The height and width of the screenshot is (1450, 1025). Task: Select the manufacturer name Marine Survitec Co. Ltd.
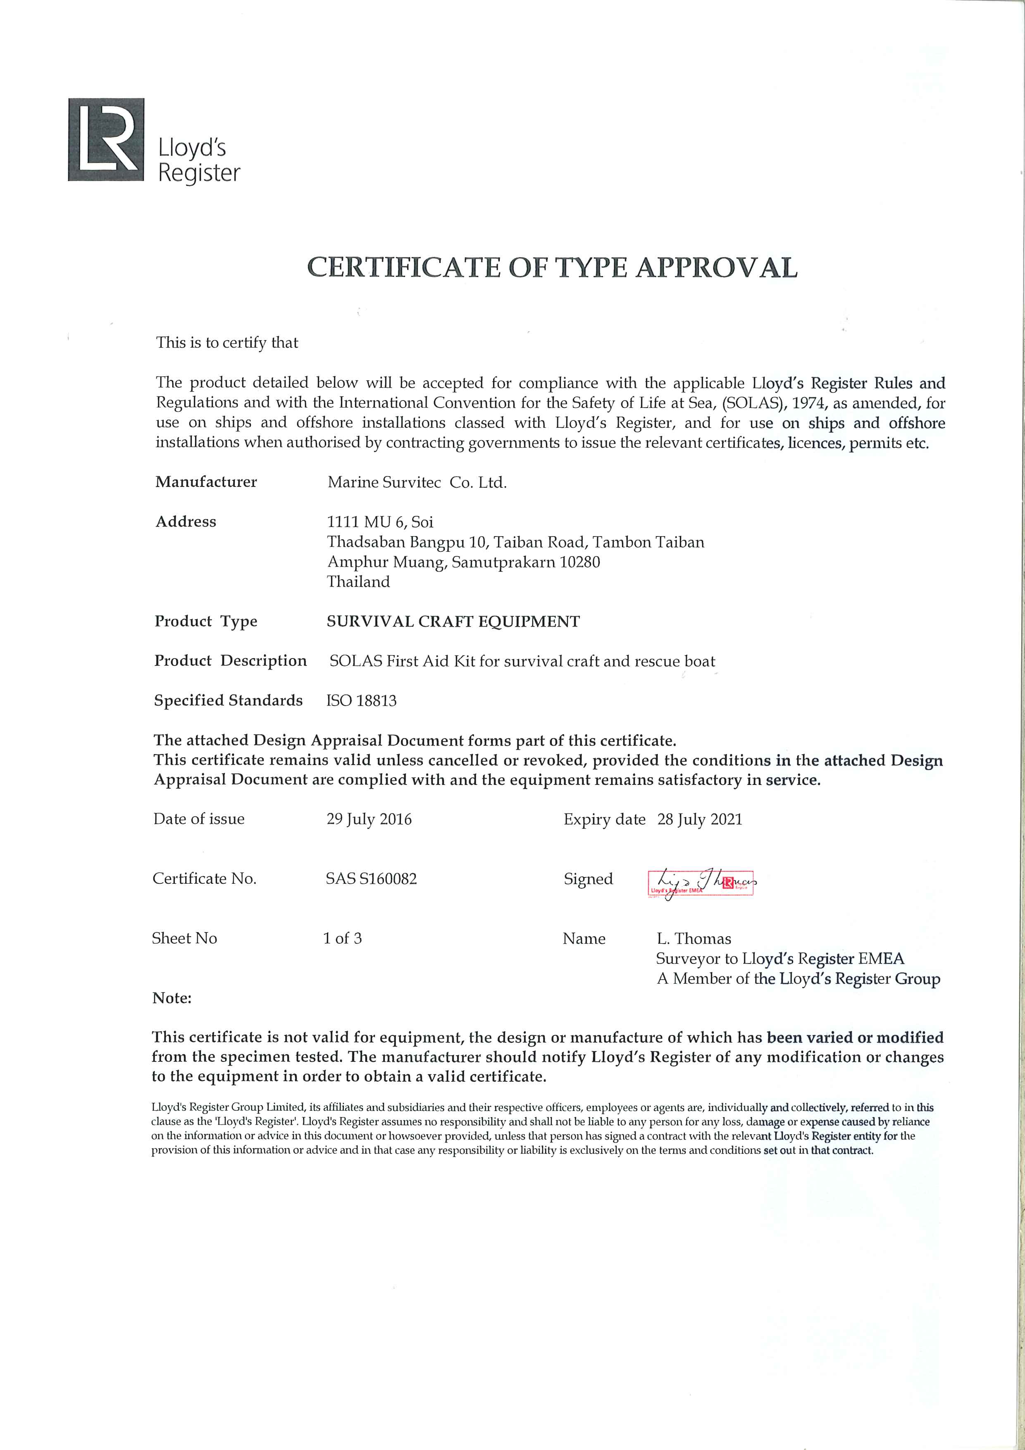(x=417, y=483)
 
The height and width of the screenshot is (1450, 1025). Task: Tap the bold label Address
(x=186, y=522)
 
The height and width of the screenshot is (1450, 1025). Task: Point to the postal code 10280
(x=580, y=562)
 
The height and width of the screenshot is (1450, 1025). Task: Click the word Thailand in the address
(x=358, y=582)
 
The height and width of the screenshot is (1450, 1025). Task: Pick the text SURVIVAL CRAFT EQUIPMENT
(x=453, y=621)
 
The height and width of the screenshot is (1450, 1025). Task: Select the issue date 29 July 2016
(x=369, y=819)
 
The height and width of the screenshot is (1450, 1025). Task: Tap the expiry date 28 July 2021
(x=700, y=820)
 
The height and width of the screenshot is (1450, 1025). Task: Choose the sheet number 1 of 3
(x=342, y=938)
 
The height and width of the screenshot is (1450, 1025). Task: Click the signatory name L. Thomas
(x=694, y=938)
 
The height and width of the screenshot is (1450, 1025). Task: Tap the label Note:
(x=172, y=999)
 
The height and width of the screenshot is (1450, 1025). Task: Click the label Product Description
(x=231, y=661)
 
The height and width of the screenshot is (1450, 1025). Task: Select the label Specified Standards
(x=228, y=700)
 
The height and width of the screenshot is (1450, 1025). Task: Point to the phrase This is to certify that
(x=227, y=343)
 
